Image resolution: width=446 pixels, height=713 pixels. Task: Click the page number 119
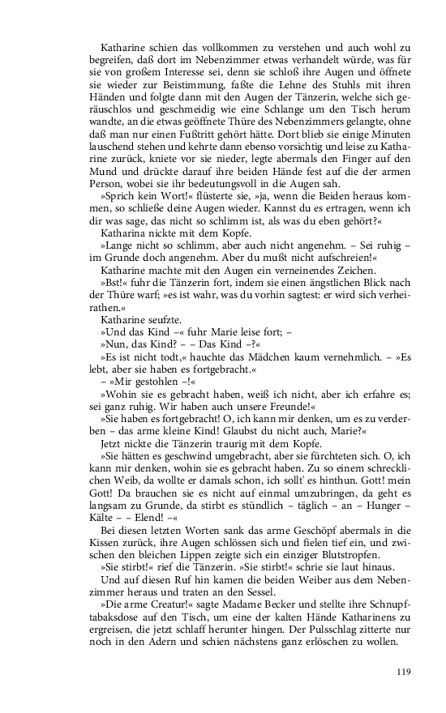click(405, 671)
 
